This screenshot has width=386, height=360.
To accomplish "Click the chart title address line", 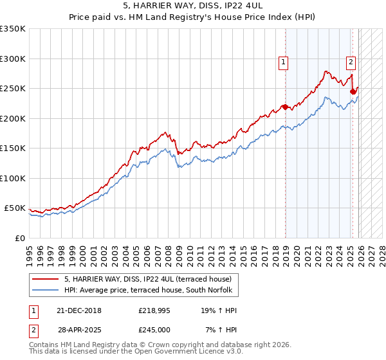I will (193, 6).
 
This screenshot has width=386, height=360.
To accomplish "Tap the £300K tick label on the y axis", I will (13, 59).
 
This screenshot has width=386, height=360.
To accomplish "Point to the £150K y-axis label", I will (13, 148).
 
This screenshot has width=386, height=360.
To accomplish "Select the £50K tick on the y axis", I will (15, 208).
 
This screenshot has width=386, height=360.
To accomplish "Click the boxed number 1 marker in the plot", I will (284, 62).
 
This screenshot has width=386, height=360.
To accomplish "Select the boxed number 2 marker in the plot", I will (351, 62).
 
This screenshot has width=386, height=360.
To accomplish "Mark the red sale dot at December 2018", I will (285, 107).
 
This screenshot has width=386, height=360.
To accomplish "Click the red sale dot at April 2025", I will (353, 92).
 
